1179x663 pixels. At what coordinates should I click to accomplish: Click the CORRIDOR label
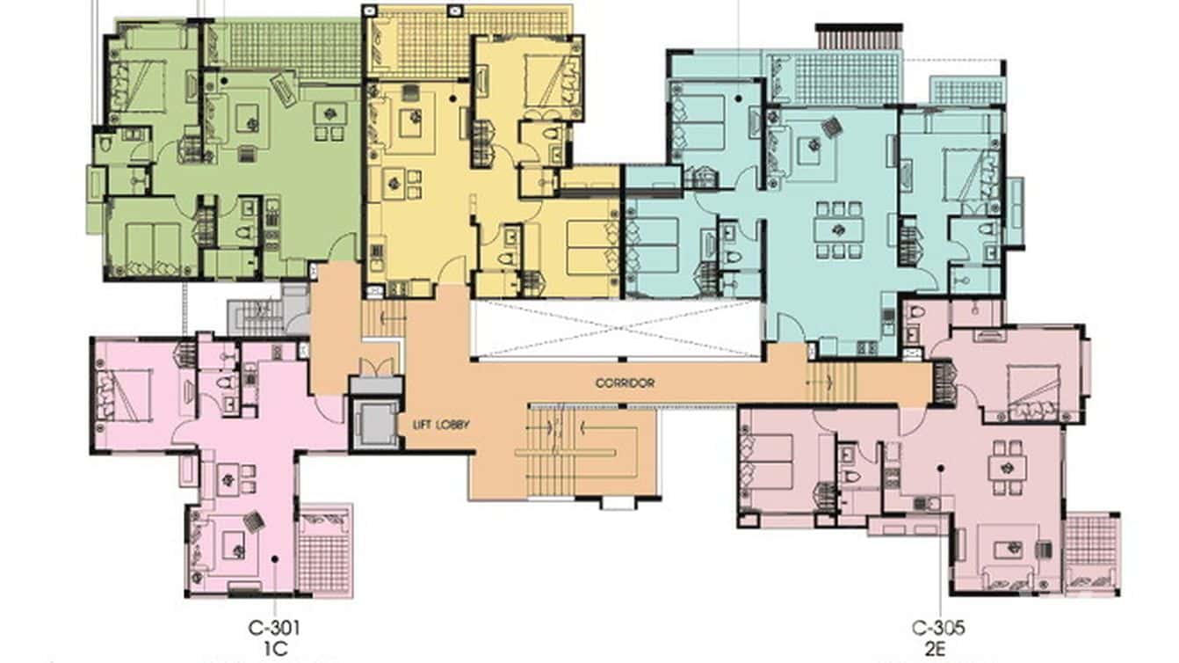[x=625, y=383]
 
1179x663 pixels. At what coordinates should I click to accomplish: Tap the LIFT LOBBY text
[x=441, y=425]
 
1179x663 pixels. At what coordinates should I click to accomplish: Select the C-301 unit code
[x=275, y=629]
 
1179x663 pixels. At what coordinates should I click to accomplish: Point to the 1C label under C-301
[x=275, y=649]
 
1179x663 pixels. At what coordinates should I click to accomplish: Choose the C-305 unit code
[x=938, y=629]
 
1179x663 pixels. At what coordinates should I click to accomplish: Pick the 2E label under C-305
[x=938, y=649]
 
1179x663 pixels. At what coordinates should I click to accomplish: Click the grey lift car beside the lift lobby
[x=375, y=424]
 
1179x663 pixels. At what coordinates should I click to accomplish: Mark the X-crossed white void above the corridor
[x=616, y=329]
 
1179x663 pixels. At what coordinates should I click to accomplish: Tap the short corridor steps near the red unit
[x=829, y=381]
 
